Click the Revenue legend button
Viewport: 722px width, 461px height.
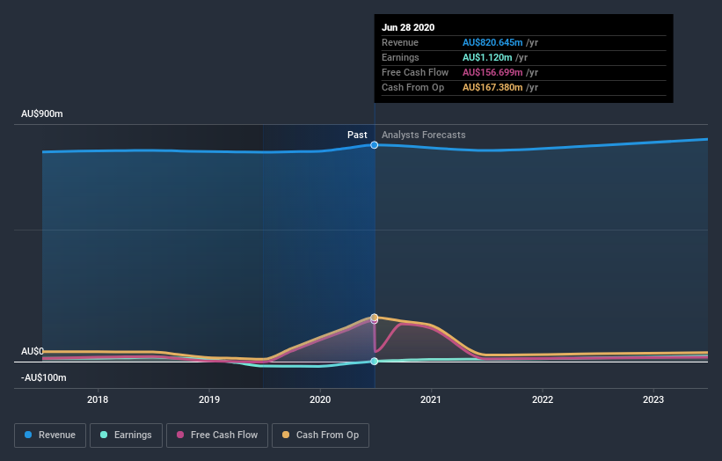point(49,435)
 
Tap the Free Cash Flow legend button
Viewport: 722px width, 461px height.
point(215,435)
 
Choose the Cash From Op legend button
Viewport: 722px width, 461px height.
point(321,435)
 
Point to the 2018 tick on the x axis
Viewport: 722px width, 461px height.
point(98,399)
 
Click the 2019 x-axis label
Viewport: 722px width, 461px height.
point(209,399)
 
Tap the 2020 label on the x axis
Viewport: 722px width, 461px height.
point(320,399)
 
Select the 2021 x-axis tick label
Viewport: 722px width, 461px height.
point(431,399)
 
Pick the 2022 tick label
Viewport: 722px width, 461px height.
point(543,399)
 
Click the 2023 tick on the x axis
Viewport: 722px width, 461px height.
point(653,399)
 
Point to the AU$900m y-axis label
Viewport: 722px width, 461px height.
point(43,114)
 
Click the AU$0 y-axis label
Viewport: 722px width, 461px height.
point(33,351)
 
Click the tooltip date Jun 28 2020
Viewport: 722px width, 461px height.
point(408,28)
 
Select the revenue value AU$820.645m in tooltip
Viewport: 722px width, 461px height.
point(492,43)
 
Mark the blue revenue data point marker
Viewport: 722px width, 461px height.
point(375,144)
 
